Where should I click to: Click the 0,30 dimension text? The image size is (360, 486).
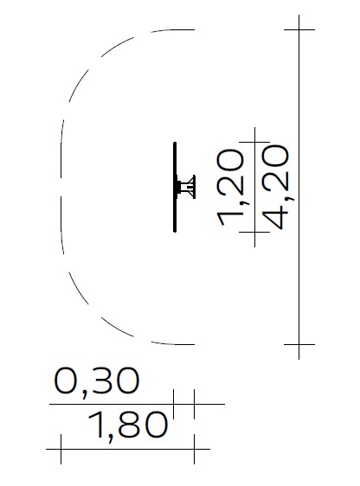[97, 381]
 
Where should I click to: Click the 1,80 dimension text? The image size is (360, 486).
[128, 425]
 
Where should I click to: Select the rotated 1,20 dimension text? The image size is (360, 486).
[231, 187]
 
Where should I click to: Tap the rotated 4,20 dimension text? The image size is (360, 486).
[277, 187]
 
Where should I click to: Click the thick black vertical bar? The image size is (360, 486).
[175, 187]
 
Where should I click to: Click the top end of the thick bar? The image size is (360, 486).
[175, 143]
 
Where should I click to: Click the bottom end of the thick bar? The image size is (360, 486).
[175, 231]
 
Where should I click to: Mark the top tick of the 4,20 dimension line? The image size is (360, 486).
[299, 29]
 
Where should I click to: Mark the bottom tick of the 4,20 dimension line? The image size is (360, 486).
[299, 344]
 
